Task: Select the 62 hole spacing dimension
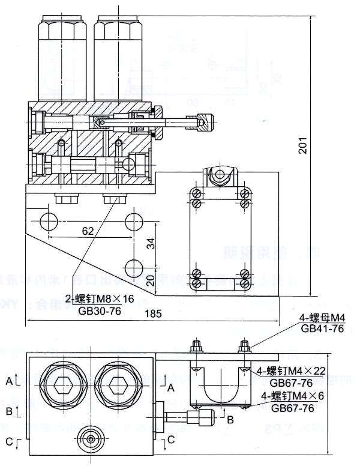(88, 230)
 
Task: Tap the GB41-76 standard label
(322, 328)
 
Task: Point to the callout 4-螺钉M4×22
(292, 370)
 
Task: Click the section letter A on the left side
(9, 381)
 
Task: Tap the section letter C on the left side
(9, 442)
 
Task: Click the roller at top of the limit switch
(220, 175)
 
